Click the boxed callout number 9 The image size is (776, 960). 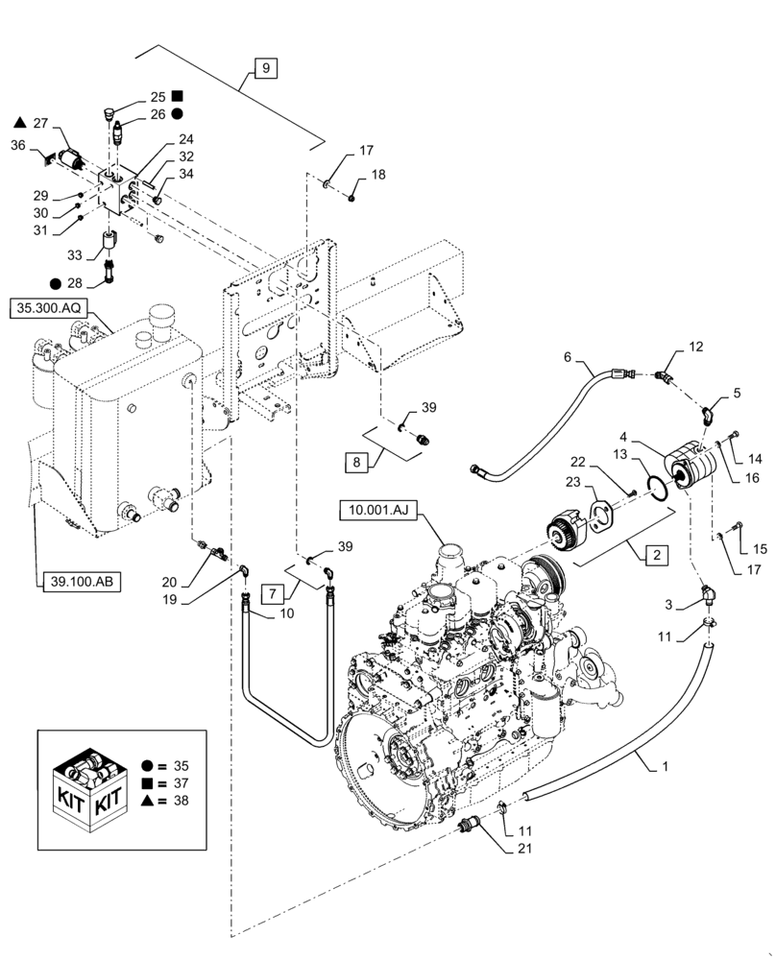click(x=265, y=68)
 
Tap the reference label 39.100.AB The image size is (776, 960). click(x=80, y=583)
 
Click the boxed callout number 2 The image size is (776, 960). click(x=656, y=554)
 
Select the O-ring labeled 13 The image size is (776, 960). click(x=654, y=485)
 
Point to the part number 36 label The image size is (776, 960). click(x=18, y=145)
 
